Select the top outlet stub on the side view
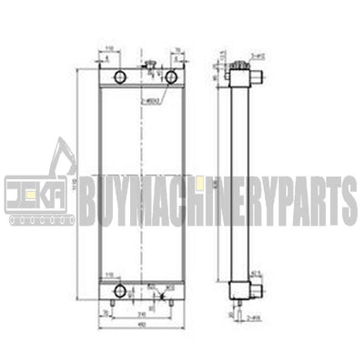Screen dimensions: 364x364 [256, 81]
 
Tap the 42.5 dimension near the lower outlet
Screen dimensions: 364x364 [256, 272]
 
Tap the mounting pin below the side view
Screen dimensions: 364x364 [238, 304]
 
